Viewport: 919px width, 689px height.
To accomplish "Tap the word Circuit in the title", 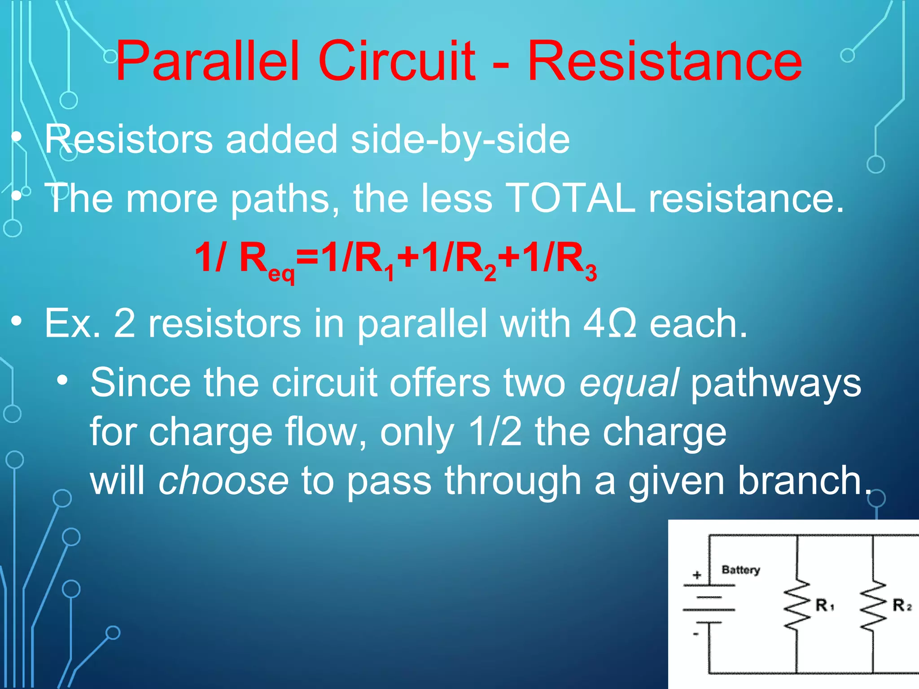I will (397, 62).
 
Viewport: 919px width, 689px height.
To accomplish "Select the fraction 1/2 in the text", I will (495, 432).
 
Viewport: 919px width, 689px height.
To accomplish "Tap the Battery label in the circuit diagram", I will (740, 570).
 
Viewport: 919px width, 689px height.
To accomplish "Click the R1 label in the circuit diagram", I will (824, 605).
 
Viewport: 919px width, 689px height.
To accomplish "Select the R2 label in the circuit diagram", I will (901, 605).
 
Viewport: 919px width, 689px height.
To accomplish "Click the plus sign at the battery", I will (697, 575).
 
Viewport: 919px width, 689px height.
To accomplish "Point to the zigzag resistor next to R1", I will (797, 605).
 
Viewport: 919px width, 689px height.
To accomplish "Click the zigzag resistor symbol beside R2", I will (873, 605).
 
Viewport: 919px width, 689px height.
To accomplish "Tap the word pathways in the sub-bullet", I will (775, 384).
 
